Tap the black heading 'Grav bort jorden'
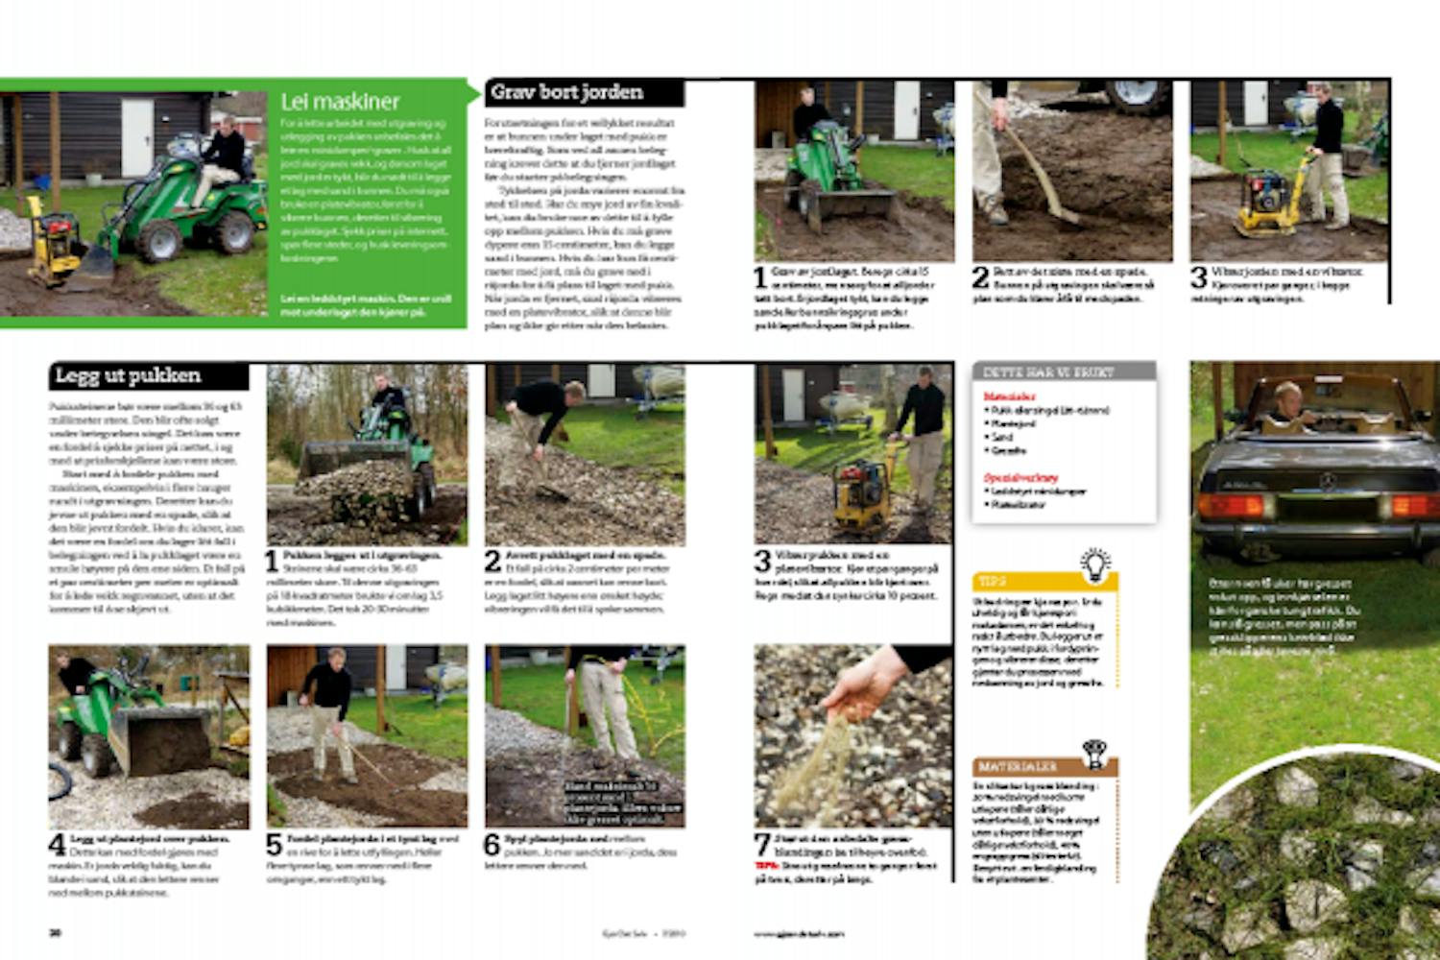pyautogui.click(x=566, y=93)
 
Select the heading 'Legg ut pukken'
pyautogui.click(x=128, y=375)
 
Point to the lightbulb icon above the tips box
pyautogui.click(x=1094, y=564)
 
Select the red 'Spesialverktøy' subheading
pyautogui.click(x=1020, y=477)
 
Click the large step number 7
pyautogui.click(x=762, y=845)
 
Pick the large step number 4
pyautogui.click(x=58, y=845)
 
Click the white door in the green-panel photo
pyautogui.click(x=136, y=138)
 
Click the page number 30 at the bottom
pyautogui.click(x=56, y=932)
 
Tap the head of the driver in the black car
pyautogui.click(x=1286, y=396)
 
